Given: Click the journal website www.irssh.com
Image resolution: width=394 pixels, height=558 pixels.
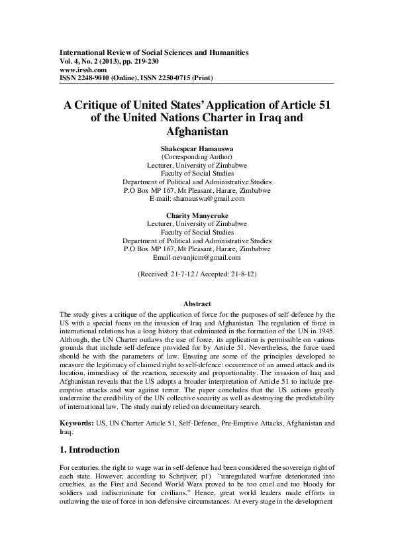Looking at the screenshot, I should (x=83, y=68).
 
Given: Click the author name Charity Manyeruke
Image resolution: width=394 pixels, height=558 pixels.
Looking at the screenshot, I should (x=197, y=215).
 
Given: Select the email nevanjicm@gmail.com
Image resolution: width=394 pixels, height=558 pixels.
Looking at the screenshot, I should (x=205, y=257).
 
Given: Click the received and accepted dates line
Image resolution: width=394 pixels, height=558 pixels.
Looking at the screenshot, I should (x=197, y=273).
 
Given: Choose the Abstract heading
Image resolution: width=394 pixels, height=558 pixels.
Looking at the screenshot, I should (x=197, y=303).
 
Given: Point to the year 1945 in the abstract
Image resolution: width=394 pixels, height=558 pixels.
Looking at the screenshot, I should (x=324, y=329).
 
